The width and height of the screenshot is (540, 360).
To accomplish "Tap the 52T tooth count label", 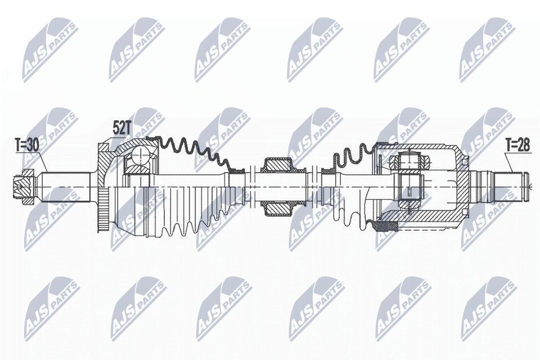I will point(121,128).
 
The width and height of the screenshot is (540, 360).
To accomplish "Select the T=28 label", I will point(517,145).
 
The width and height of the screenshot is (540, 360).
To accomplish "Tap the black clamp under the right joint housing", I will point(386,226).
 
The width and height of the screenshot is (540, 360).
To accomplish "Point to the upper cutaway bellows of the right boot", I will point(352,155).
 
